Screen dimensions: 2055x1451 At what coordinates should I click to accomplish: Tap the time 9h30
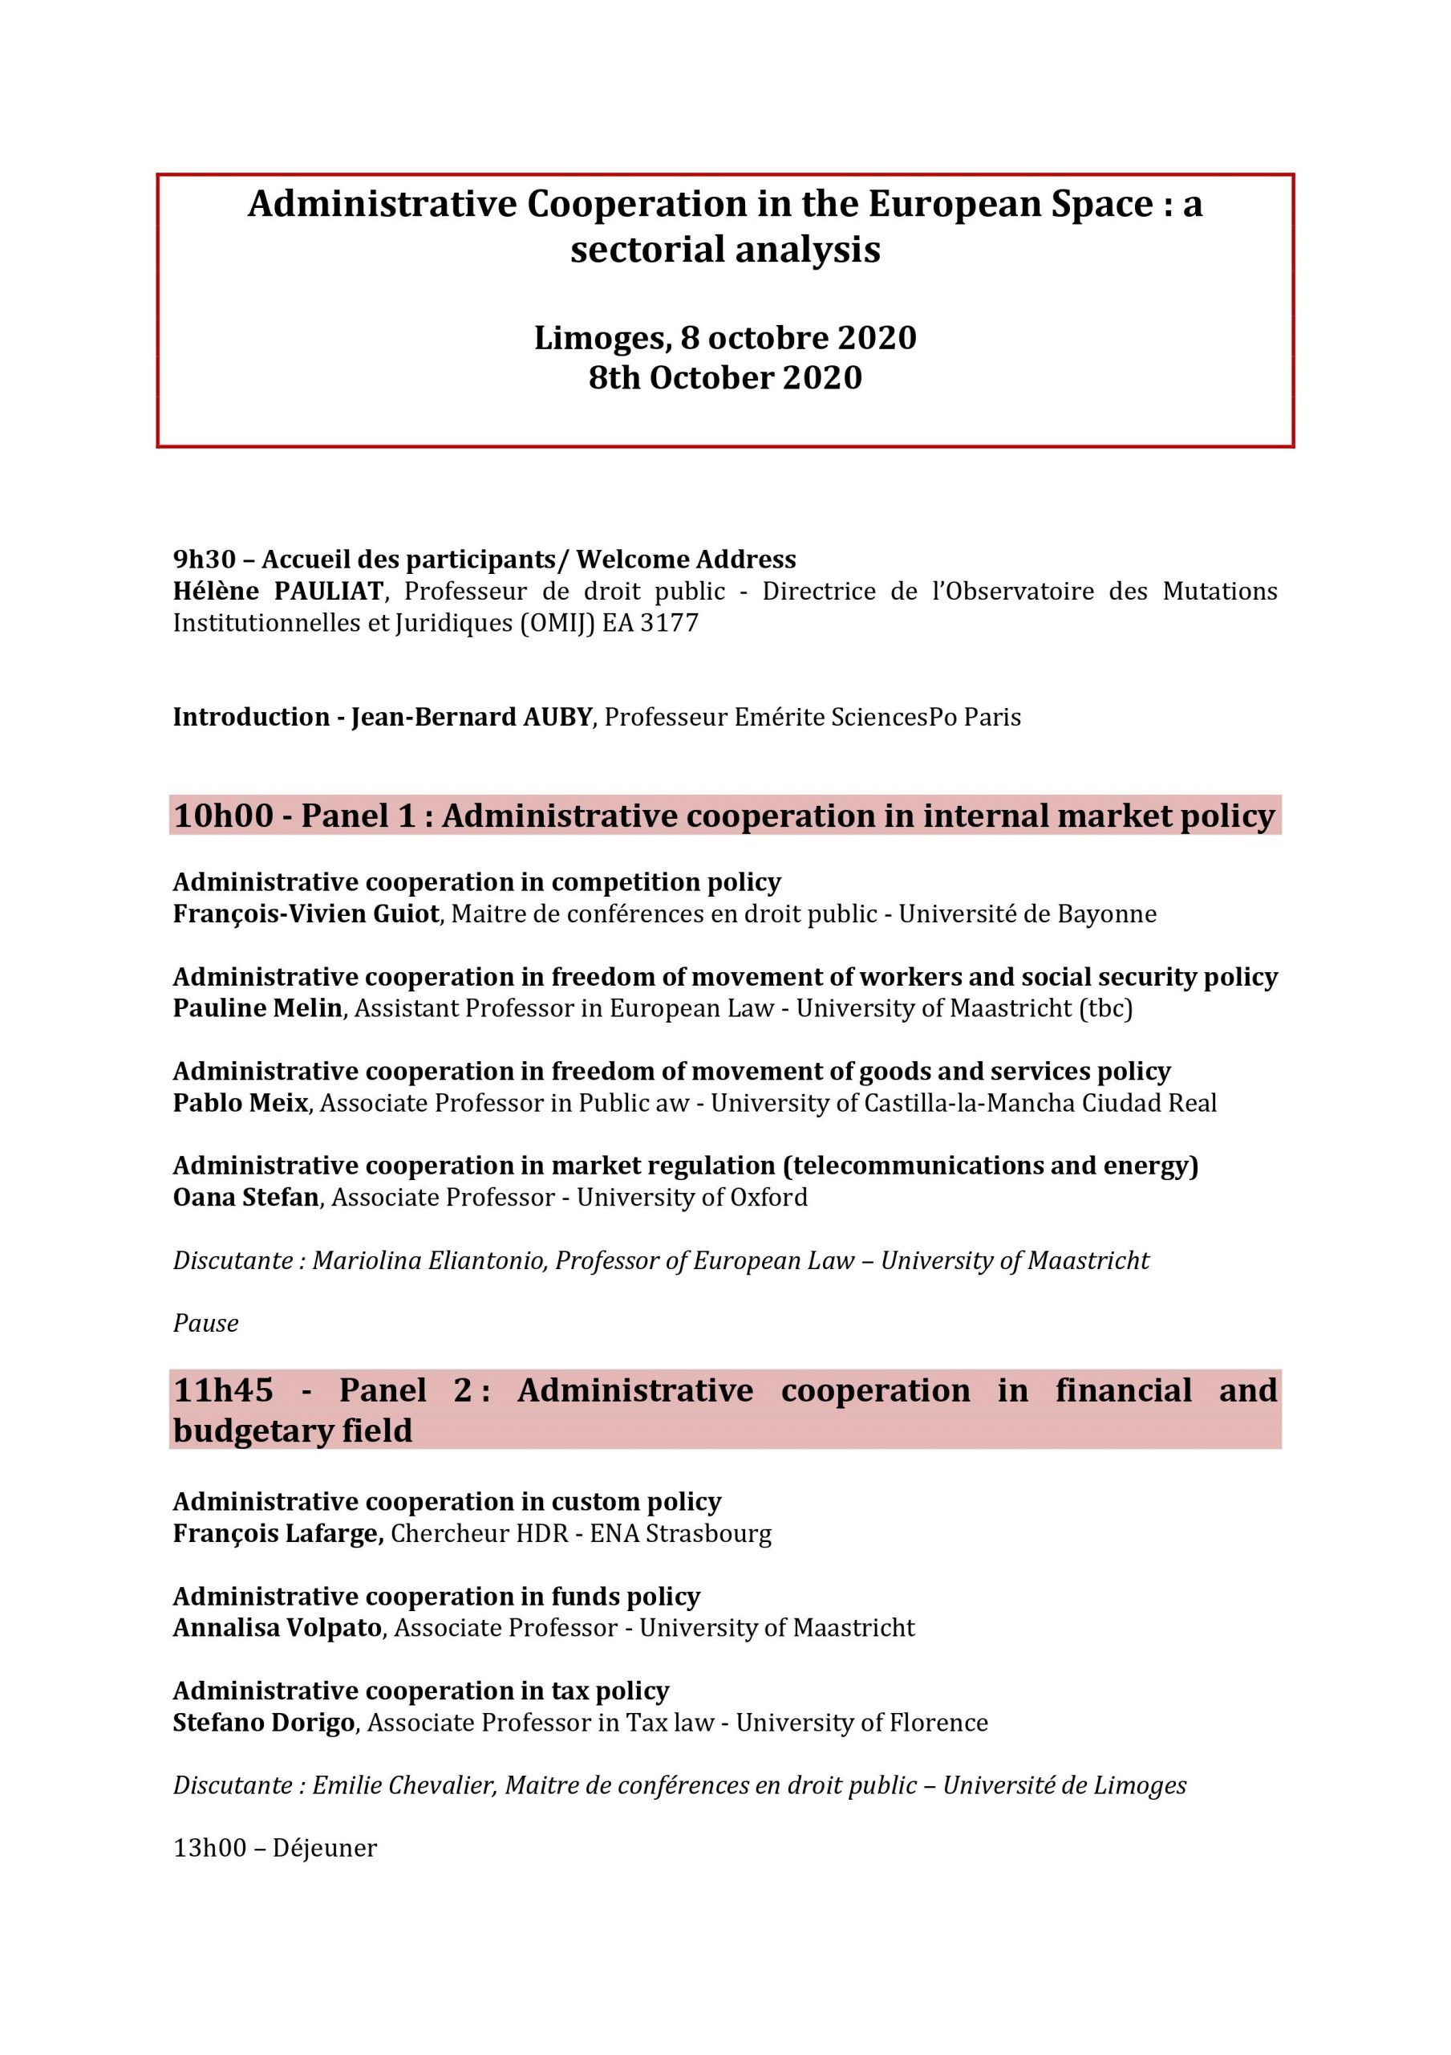point(204,560)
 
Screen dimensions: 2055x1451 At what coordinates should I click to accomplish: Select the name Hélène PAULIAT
point(278,592)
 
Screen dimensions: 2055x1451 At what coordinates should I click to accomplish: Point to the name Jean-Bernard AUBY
point(472,717)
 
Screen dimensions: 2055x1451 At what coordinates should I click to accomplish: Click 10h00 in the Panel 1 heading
point(223,816)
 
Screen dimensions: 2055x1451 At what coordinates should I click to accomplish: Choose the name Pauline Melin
point(257,1009)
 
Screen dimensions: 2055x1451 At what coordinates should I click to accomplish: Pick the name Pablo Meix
point(240,1103)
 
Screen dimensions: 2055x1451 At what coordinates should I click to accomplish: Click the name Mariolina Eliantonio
point(428,1261)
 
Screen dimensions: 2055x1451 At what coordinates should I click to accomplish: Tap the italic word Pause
point(206,1324)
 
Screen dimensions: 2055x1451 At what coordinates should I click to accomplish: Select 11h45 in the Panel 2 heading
point(223,1391)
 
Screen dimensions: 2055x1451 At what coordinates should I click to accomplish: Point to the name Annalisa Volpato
point(278,1628)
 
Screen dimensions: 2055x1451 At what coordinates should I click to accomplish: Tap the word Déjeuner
point(325,1848)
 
